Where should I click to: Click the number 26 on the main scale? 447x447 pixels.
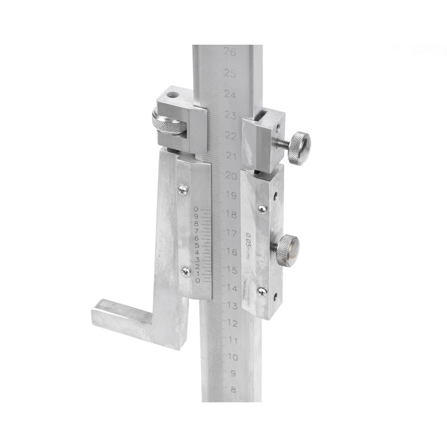(230, 52)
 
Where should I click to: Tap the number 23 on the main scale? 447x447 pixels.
(231, 115)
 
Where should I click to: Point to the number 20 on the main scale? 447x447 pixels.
(231, 176)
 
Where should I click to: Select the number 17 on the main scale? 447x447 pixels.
(232, 233)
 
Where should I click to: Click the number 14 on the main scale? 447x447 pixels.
(232, 288)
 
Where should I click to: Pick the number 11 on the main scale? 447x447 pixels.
(233, 340)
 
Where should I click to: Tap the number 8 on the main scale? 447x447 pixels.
(233, 389)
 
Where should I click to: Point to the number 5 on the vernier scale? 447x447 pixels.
(197, 245)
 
